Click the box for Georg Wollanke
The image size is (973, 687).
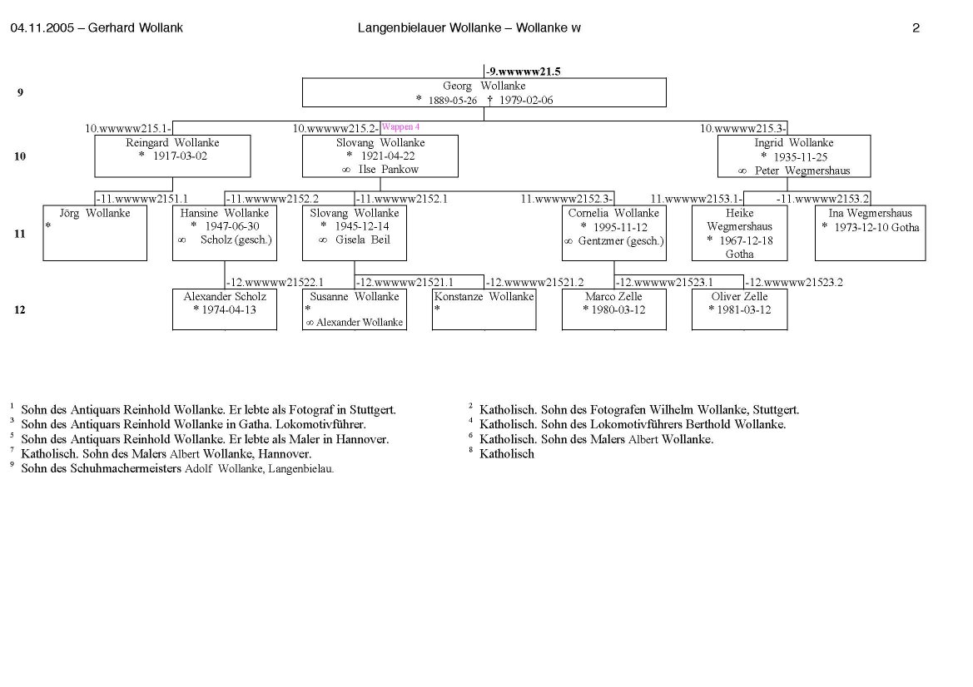(x=484, y=92)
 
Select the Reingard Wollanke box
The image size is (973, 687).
(x=172, y=156)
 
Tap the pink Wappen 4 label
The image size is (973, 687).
(x=400, y=126)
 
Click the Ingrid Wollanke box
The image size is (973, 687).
(x=793, y=156)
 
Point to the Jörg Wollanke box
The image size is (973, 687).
(x=95, y=233)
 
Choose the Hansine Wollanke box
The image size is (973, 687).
(x=225, y=233)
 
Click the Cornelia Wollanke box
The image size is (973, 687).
(x=613, y=233)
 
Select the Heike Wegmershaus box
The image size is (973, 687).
(x=739, y=233)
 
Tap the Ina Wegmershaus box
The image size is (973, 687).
(x=870, y=233)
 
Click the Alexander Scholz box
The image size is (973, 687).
(x=225, y=309)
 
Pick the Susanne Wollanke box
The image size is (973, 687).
(x=355, y=309)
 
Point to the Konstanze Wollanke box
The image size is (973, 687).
(x=484, y=309)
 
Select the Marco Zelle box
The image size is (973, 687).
(x=613, y=309)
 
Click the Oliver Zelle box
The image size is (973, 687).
(x=739, y=309)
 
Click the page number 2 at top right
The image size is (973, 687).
(x=916, y=28)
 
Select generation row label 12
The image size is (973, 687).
(x=20, y=310)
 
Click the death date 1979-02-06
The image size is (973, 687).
(x=526, y=100)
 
